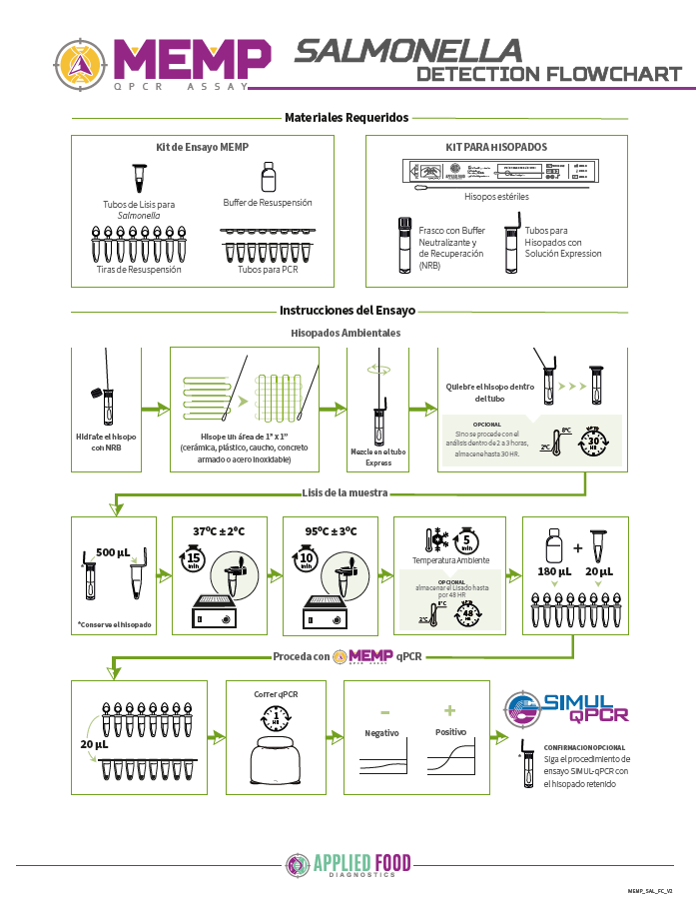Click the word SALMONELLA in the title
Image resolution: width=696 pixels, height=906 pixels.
407,50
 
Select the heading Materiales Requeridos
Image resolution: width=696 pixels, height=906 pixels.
347,118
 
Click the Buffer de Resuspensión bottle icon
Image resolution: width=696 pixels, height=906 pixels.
268,179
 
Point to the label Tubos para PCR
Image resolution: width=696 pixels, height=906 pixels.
268,270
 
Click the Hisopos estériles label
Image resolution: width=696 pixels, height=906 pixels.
496,197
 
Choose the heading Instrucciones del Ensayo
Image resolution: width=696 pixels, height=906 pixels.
348,310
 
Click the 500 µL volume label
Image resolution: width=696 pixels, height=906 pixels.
113,552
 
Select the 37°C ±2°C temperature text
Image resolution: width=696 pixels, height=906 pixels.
219,530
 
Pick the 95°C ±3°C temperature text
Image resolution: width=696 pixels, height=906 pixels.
329,530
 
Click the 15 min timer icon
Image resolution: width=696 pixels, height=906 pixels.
195,561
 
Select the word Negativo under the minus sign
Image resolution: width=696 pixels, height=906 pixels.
381,732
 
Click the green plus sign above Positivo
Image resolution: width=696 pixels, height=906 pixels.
449,710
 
